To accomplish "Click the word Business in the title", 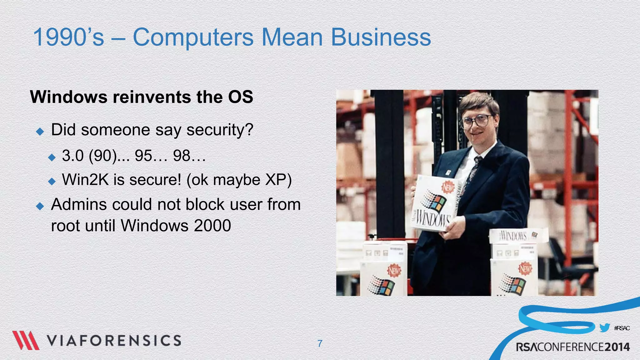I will click(381, 37).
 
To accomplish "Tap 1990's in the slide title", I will click(68, 37).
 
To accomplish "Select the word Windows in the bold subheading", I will click(69, 97).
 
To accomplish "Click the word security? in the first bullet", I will click(220, 130).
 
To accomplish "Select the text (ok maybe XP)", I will click(239, 180).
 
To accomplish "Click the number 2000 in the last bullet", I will click(212, 226).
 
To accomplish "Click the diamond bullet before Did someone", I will click(40, 131).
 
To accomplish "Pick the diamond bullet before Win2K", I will click(52, 181).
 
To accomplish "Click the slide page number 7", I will click(320, 343).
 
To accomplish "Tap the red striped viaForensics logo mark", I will click(26, 340).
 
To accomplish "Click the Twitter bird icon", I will click(605, 328).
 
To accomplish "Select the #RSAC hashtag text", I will click(622, 328).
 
